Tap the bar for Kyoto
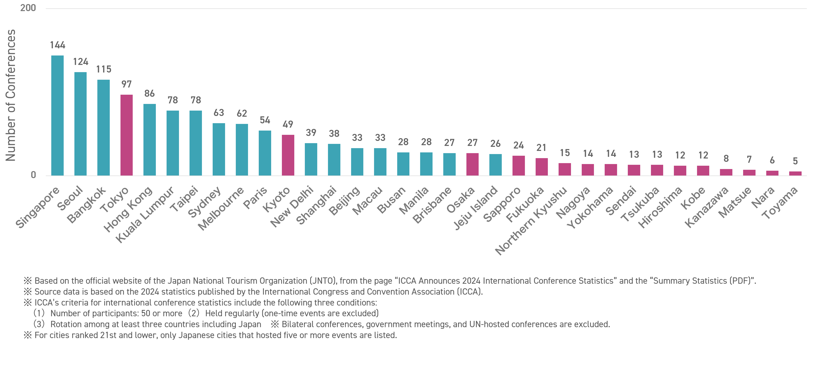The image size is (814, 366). pyautogui.click(x=288, y=155)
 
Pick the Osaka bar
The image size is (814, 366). pyautogui.click(x=472, y=164)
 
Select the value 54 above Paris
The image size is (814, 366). pyautogui.click(x=265, y=120)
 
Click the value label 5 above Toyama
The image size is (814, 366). pyautogui.click(x=795, y=161)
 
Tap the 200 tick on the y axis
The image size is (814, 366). pyautogui.click(x=28, y=8)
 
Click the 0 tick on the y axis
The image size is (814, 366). pyautogui.click(x=33, y=175)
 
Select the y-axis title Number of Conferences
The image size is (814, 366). pyautogui.click(x=11, y=95)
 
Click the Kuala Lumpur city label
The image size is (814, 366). pyautogui.click(x=145, y=215)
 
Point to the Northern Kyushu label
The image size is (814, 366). pyautogui.click(x=531, y=221)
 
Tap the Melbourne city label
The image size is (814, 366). pyautogui.click(x=221, y=208)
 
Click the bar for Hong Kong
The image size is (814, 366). pyautogui.click(x=150, y=140)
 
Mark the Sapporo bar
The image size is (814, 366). pyautogui.click(x=519, y=166)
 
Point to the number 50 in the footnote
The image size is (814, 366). pyautogui.click(x=146, y=313)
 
